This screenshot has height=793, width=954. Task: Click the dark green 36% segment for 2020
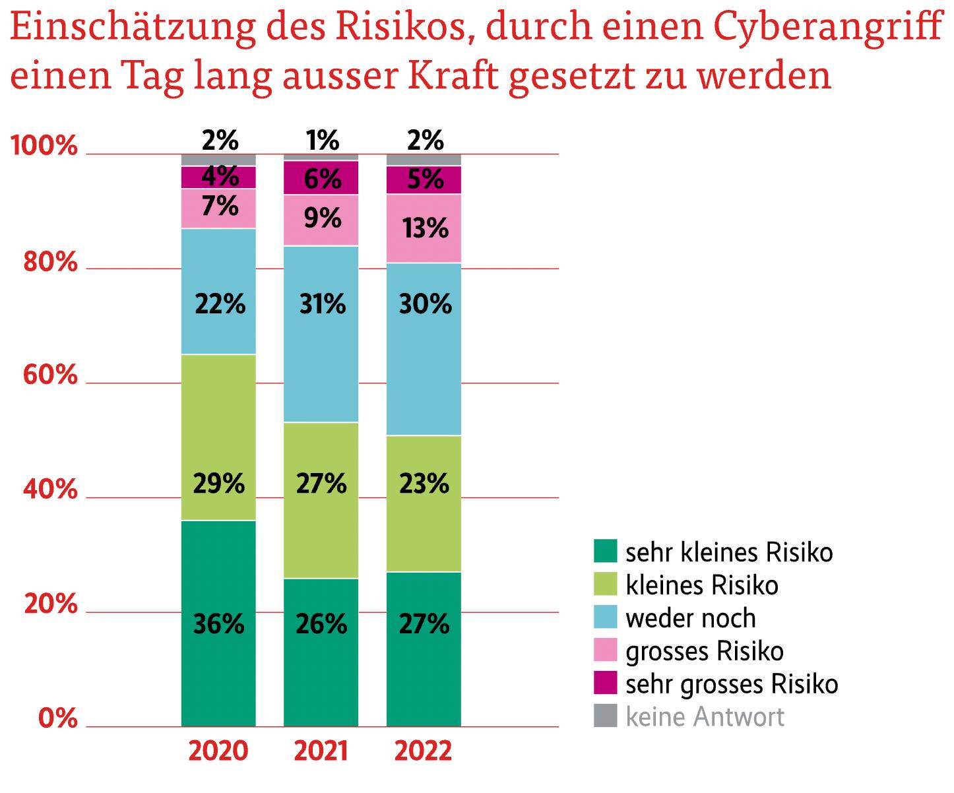pyautogui.click(x=218, y=623)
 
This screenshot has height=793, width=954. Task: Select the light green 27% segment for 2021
pyautogui.click(x=321, y=499)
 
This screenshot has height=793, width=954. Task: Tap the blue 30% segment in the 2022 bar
pyautogui.click(x=424, y=349)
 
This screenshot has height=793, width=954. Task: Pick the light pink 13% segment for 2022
pyautogui.click(x=424, y=228)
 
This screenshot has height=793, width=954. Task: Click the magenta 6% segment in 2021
pyautogui.click(x=321, y=178)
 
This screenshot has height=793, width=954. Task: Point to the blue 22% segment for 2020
pyautogui.click(x=218, y=291)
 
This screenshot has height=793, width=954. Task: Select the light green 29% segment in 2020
pyautogui.click(x=218, y=437)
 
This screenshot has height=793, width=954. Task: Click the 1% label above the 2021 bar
pyautogui.click(x=323, y=140)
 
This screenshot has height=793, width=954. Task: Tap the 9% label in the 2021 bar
pyautogui.click(x=323, y=218)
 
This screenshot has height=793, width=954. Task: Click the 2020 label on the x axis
pyautogui.click(x=218, y=751)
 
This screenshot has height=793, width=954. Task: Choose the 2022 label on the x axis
pyautogui.click(x=424, y=751)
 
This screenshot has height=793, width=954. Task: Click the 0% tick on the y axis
pyautogui.click(x=58, y=718)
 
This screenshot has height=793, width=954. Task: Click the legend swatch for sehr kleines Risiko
pyautogui.click(x=605, y=551)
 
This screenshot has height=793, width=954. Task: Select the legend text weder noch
pyautogui.click(x=690, y=618)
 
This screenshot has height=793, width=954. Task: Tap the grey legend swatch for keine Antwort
pyautogui.click(x=605, y=716)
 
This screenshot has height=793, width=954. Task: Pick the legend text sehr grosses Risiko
pyautogui.click(x=731, y=684)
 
